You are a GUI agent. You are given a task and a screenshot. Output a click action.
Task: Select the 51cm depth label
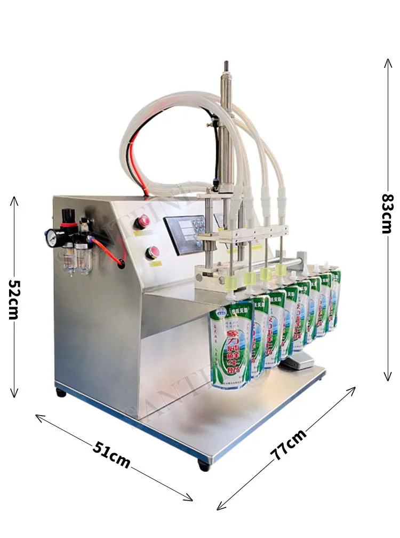point(111,455)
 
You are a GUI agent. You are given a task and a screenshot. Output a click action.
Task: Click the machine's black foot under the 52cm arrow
point(61,393)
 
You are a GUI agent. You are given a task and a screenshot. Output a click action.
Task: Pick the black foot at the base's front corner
point(204,465)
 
